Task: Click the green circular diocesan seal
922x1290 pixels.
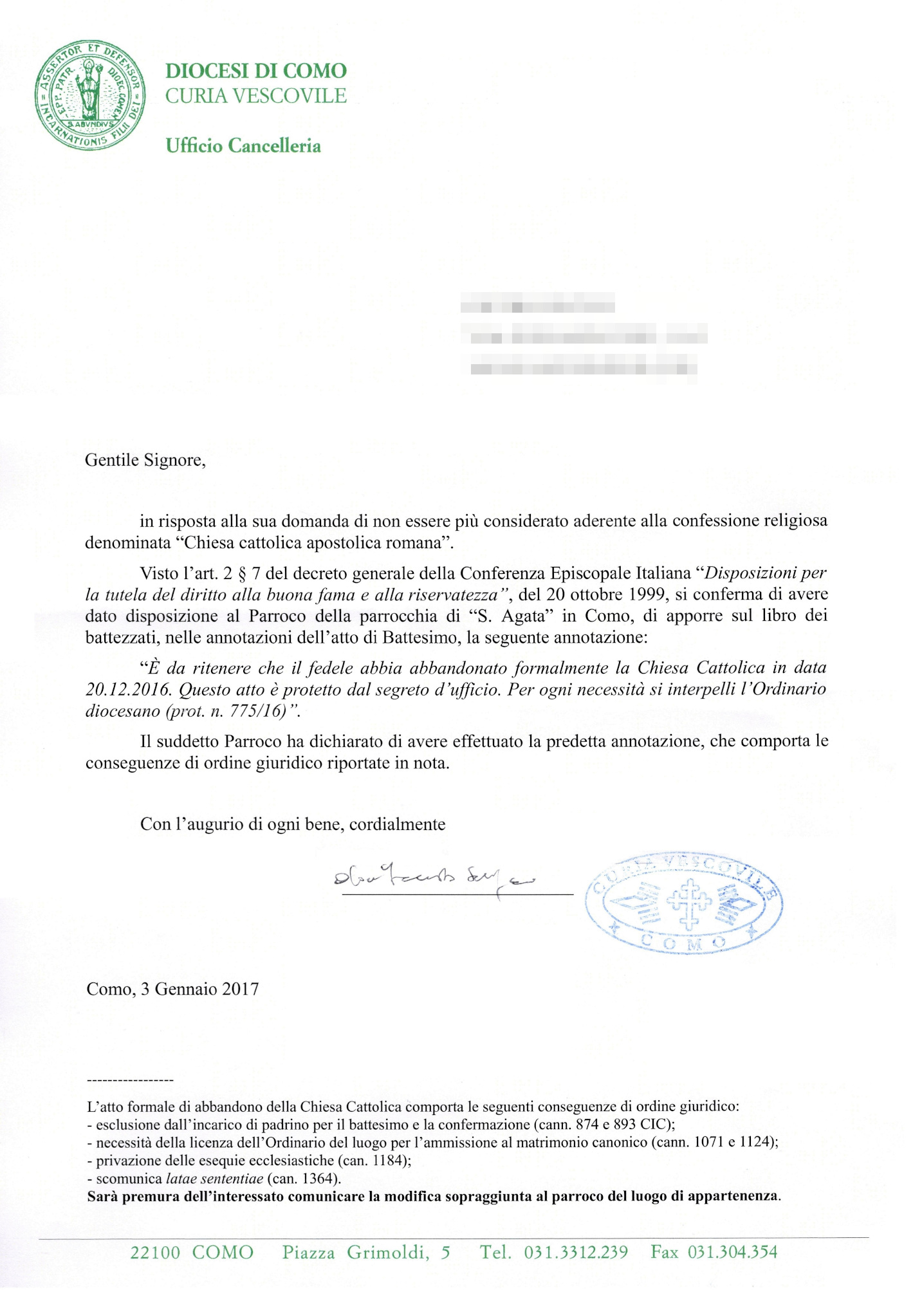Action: click(x=90, y=95)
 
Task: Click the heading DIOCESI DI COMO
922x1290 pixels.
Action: click(x=255, y=71)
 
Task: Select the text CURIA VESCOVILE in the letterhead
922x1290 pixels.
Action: click(x=255, y=96)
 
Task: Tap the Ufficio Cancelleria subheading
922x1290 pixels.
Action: click(x=243, y=146)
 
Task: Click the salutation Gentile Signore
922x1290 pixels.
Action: click(x=145, y=460)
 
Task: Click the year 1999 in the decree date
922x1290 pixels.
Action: click(x=647, y=594)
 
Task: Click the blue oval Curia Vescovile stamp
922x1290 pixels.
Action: click(x=684, y=903)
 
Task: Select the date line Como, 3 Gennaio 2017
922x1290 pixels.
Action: click(x=172, y=989)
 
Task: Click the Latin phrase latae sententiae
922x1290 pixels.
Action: click(x=214, y=1179)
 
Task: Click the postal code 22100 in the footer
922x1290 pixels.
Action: click(x=155, y=1253)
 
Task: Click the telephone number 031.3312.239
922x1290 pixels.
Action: click(x=576, y=1253)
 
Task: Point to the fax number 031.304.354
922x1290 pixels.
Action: click(x=732, y=1252)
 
